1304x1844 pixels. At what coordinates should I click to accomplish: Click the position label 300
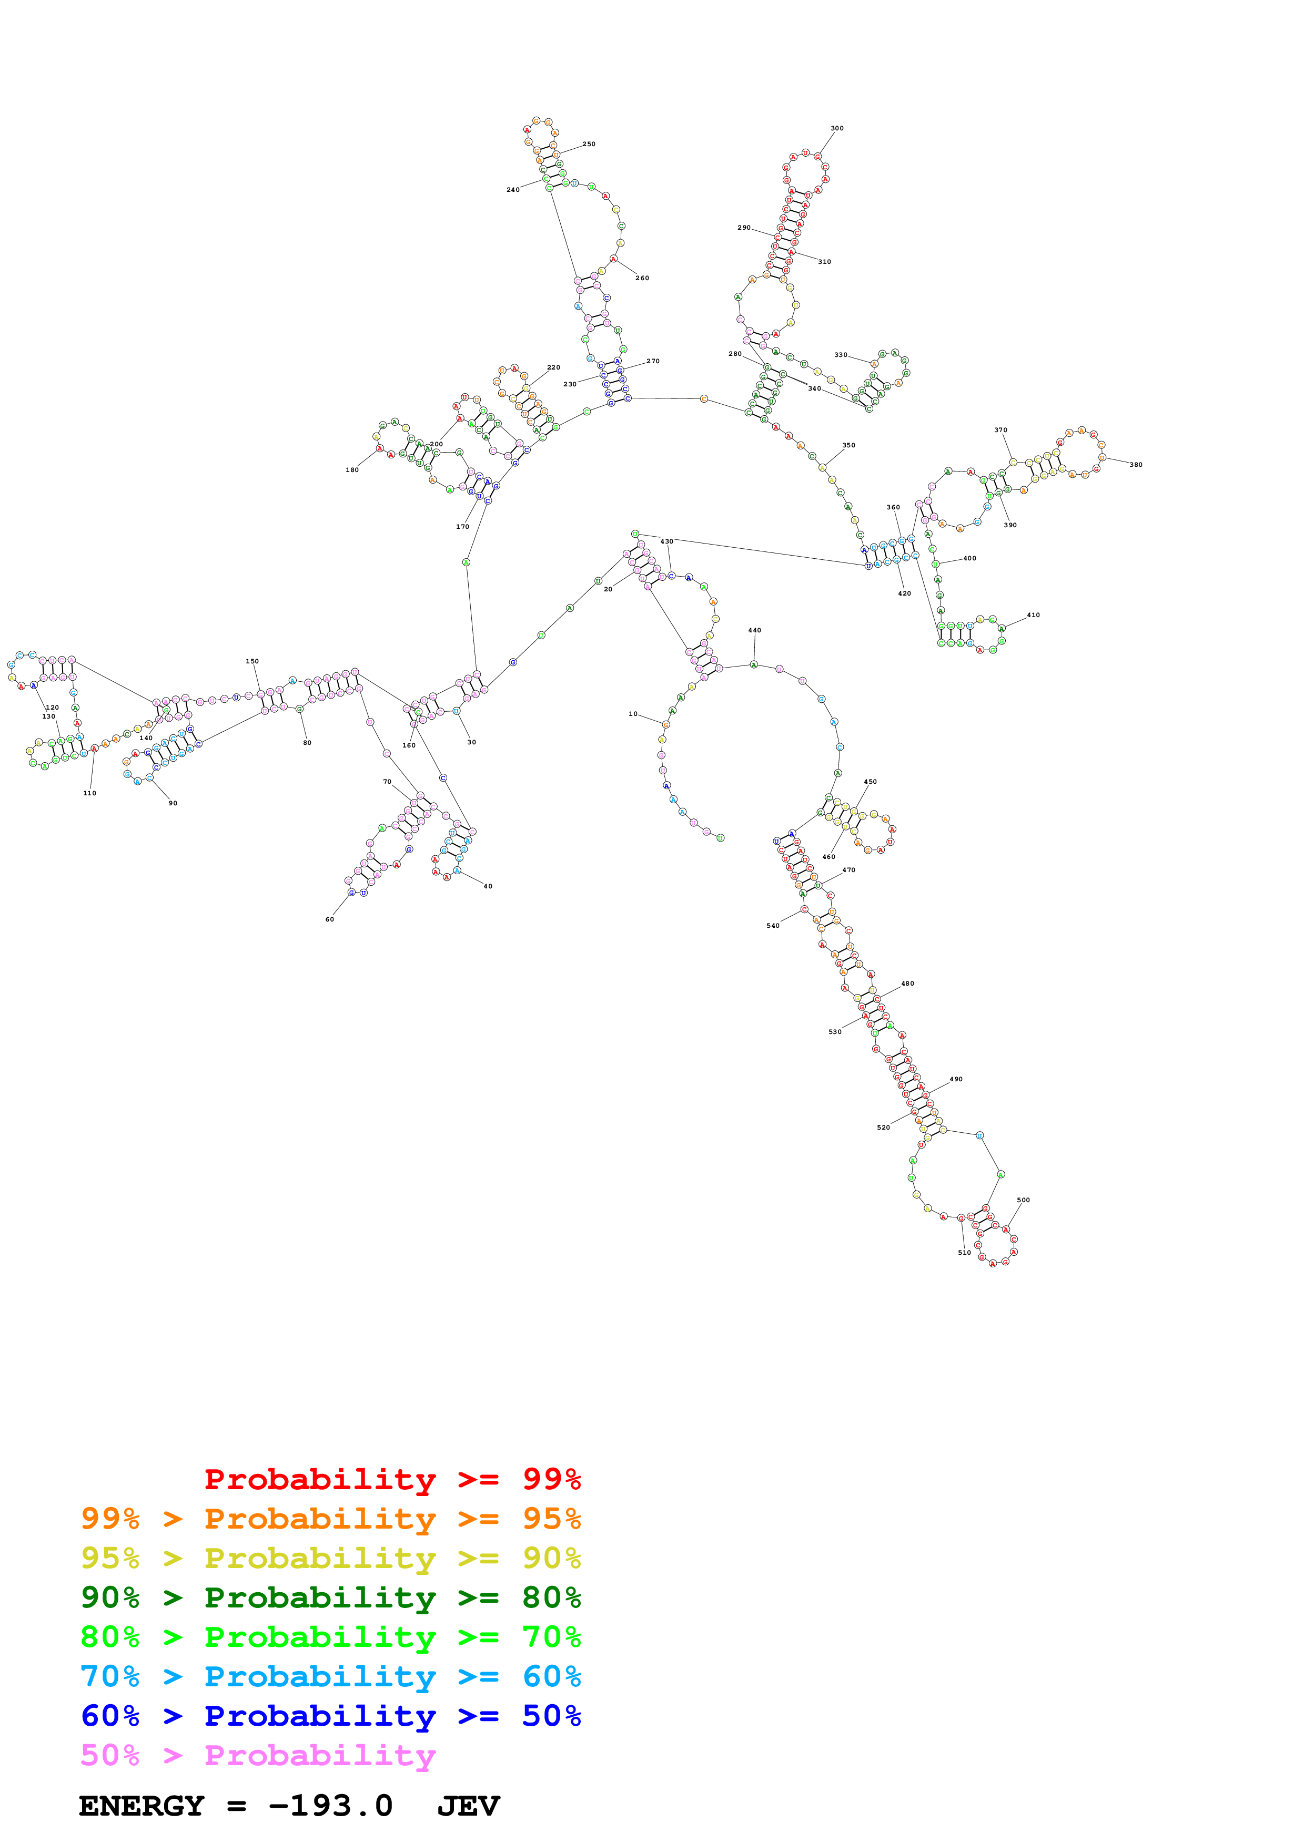click(x=836, y=128)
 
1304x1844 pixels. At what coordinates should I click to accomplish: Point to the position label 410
click(x=1033, y=615)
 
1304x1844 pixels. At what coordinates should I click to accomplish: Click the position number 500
click(x=1023, y=1200)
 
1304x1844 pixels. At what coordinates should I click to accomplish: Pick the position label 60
click(x=329, y=919)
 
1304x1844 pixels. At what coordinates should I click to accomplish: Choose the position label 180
click(x=352, y=470)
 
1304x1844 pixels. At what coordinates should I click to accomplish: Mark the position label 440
click(x=754, y=630)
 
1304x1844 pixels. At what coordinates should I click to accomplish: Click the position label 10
click(x=633, y=714)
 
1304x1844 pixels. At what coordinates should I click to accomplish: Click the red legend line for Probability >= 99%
click(x=392, y=1479)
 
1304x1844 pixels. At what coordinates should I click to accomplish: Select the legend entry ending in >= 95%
click(x=330, y=1519)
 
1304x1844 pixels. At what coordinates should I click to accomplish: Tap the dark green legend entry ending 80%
click(x=330, y=1597)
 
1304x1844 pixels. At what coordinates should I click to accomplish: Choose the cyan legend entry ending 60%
click(x=330, y=1676)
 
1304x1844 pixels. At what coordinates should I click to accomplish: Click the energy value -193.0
click(x=330, y=1806)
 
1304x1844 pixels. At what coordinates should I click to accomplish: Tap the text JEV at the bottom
click(x=468, y=1806)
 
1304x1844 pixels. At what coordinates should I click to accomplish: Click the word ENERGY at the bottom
click(x=141, y=1806)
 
